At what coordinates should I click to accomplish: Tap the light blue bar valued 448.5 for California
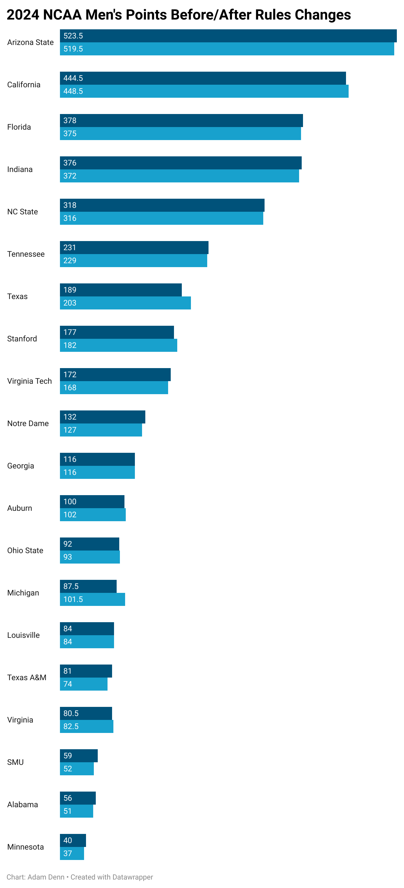(204, 91)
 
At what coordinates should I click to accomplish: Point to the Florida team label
(19, 127)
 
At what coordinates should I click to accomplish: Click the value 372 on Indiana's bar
(70, 176)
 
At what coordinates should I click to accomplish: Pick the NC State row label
(22, 212)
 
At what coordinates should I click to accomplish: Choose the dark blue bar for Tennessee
(134, 248)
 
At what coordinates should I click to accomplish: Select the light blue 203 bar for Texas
(125, 303)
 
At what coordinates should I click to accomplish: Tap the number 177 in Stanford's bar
(70, 332)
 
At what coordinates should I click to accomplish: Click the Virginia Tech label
(29, 381)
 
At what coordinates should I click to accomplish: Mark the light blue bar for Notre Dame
(101, 430)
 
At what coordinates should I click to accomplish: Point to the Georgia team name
(20, 466)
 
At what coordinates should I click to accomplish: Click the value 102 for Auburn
(70, 515)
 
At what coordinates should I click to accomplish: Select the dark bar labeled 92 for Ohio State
(89, 544)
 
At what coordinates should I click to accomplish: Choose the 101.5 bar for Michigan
(93, 599)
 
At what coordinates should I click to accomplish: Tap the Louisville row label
(23, 635)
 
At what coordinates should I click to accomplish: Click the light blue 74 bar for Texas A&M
(83, 684)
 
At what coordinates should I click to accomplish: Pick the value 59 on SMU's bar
(67, 756)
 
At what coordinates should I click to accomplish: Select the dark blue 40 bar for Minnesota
(73, 840)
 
